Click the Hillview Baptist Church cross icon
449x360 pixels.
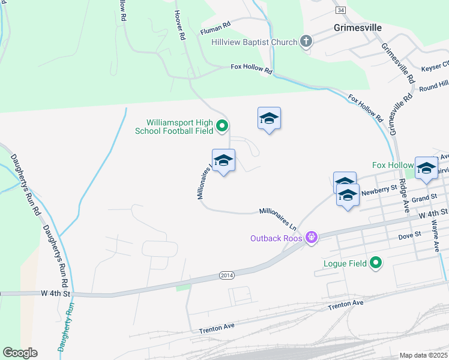coord(306,41)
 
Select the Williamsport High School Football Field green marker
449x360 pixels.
coord(222,126)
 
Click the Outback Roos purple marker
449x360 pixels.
coord(311,238)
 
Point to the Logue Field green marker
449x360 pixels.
coord(376,263)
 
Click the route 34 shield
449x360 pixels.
coord(341,10)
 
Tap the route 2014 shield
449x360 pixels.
coord(227,275)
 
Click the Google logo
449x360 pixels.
coord(20,353)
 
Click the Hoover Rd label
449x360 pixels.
coord(179,25)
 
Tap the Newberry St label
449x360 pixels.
coord(377,188)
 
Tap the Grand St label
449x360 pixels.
coord(424,198)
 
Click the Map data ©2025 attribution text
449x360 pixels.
coord(424,355)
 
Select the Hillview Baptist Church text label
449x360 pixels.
coord(254,42)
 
